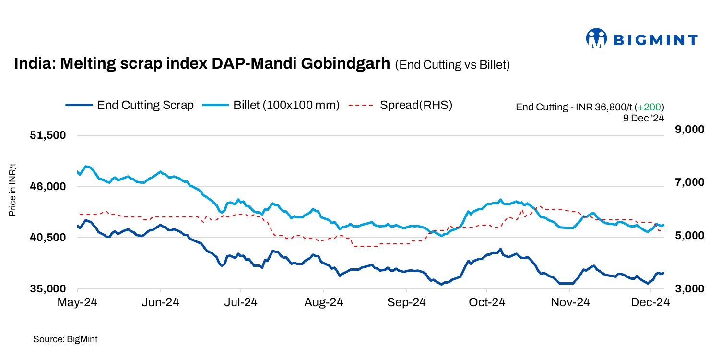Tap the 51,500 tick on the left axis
tap(47, 135)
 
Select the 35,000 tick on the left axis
tap(47, 289)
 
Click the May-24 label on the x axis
tap(77, 302)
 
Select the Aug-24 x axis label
tap(324, 302)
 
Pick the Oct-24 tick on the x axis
tap(487, 302)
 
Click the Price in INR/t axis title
tap(13, 190)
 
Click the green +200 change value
tap(649, 107)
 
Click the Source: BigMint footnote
tap(65, 339)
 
